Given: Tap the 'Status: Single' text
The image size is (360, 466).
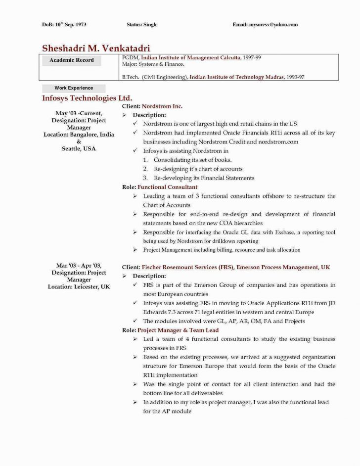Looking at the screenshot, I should click(142, 24).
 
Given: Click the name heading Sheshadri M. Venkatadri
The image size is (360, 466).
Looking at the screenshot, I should click(96, 48).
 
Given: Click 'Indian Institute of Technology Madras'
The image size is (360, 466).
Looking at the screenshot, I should click(236, 77).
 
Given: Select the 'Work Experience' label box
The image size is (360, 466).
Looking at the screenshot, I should click(74, 88).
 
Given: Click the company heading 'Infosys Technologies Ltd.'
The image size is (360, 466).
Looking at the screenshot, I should click(87, 98).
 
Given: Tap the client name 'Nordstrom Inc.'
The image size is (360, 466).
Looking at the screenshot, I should click(162, 106).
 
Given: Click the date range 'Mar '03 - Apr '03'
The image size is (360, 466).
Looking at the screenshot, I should click(79, 266).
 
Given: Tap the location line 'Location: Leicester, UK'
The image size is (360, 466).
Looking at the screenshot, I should click(79, 286).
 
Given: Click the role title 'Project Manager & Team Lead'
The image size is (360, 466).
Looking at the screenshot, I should click(178, 330).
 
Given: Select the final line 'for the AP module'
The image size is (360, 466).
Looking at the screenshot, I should click(167, 411).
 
